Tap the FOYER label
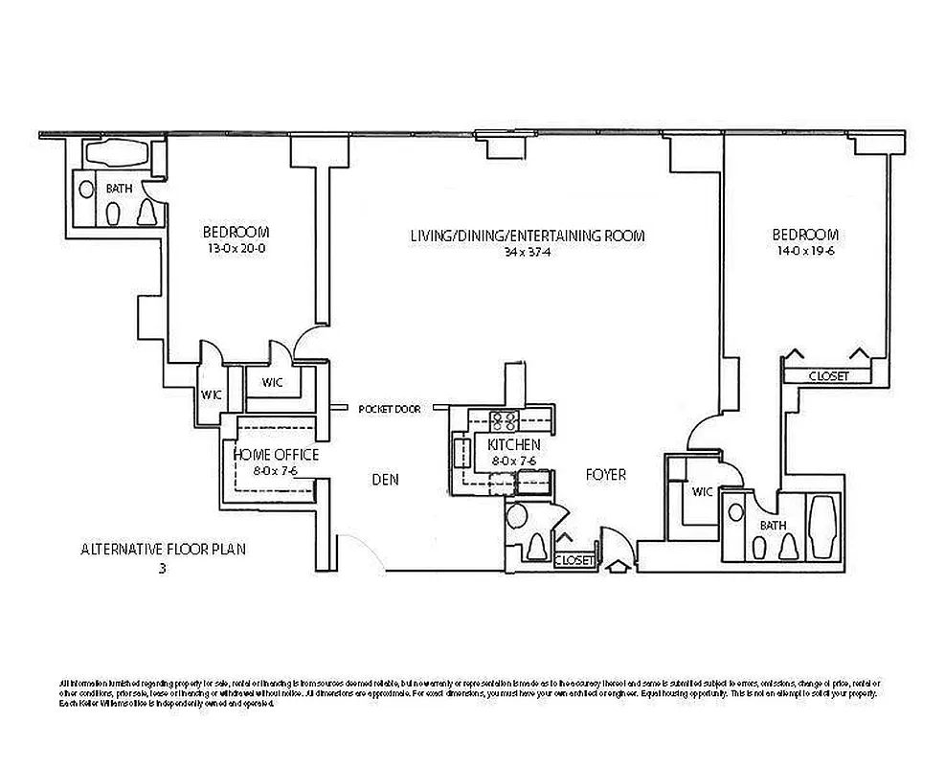coord(605,475)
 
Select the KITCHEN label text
coord(513,445)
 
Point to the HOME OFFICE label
coord(276,455)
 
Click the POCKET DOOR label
coord(390,409)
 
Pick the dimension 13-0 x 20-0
coord(236,249)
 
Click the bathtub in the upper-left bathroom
coord(115,154)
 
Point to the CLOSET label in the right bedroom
coord(828,376)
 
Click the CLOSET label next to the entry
coord(574,560)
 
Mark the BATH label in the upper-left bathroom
coord(119,189)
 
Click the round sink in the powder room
coord(515,518)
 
